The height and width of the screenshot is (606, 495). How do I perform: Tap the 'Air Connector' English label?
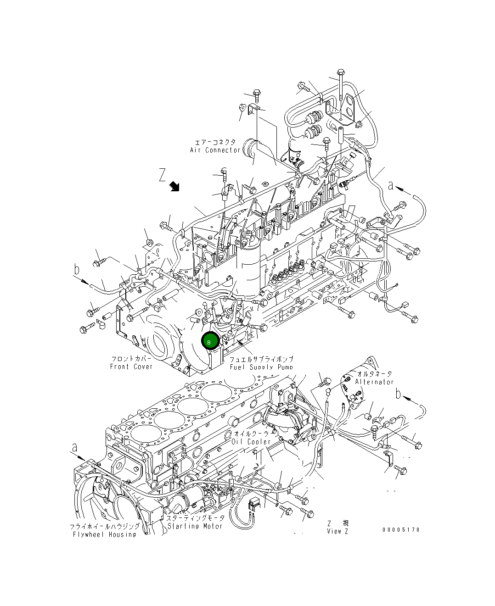[x=215, y=150]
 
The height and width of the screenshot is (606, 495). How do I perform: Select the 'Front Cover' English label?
[x=131, y=367]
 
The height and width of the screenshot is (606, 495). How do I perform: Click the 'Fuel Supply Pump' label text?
[x=261, y=367]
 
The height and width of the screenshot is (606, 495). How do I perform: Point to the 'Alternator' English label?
[x=374, y=382]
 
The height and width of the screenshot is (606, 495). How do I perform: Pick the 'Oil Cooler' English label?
[x=251, y=442]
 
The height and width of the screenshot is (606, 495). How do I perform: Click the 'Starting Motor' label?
[x=195, y=526]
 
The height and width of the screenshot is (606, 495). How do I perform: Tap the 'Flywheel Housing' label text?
[x=105, y=534]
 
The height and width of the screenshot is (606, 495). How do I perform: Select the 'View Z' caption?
[x=337, y=531]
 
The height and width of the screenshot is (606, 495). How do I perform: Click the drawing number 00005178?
[x=401, y=529]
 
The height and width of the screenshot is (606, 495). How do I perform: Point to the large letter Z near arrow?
[x=162, y=175]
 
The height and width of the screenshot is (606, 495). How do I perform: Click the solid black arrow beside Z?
[x=174, y=186]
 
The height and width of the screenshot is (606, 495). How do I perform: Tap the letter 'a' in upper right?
[x=391, y=185]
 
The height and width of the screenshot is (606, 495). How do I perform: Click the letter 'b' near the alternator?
[x=399, y=393]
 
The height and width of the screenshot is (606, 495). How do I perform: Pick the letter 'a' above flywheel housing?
[x=74, y=447]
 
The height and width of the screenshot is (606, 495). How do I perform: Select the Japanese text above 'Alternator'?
[x=375, y=374]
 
